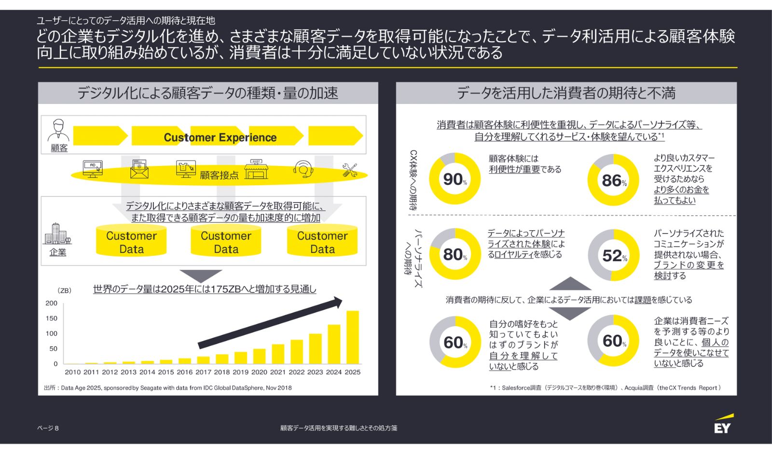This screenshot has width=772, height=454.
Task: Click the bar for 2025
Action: pos(353,337)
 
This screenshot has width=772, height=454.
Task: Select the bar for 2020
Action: pos(259,356)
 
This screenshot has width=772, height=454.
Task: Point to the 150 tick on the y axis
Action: pos(52,318)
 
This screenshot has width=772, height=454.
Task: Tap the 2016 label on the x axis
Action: pos(184,372)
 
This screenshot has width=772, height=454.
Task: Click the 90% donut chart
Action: pos(455,179)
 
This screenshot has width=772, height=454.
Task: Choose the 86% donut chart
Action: pos(613,180)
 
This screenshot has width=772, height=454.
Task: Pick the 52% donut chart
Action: pos(613,255)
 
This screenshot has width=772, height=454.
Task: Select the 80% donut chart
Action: pos(455,254)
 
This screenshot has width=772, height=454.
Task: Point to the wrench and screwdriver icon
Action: pos(350,170)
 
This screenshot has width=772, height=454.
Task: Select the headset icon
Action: pos(303,169)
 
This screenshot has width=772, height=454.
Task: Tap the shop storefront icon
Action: pos(256,169)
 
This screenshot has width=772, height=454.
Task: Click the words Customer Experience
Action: pos(220,138)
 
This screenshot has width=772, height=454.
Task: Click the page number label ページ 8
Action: pos(48,428)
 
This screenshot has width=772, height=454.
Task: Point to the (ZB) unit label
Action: pos(64,290)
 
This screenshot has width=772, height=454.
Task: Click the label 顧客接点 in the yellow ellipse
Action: pos(219,175)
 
